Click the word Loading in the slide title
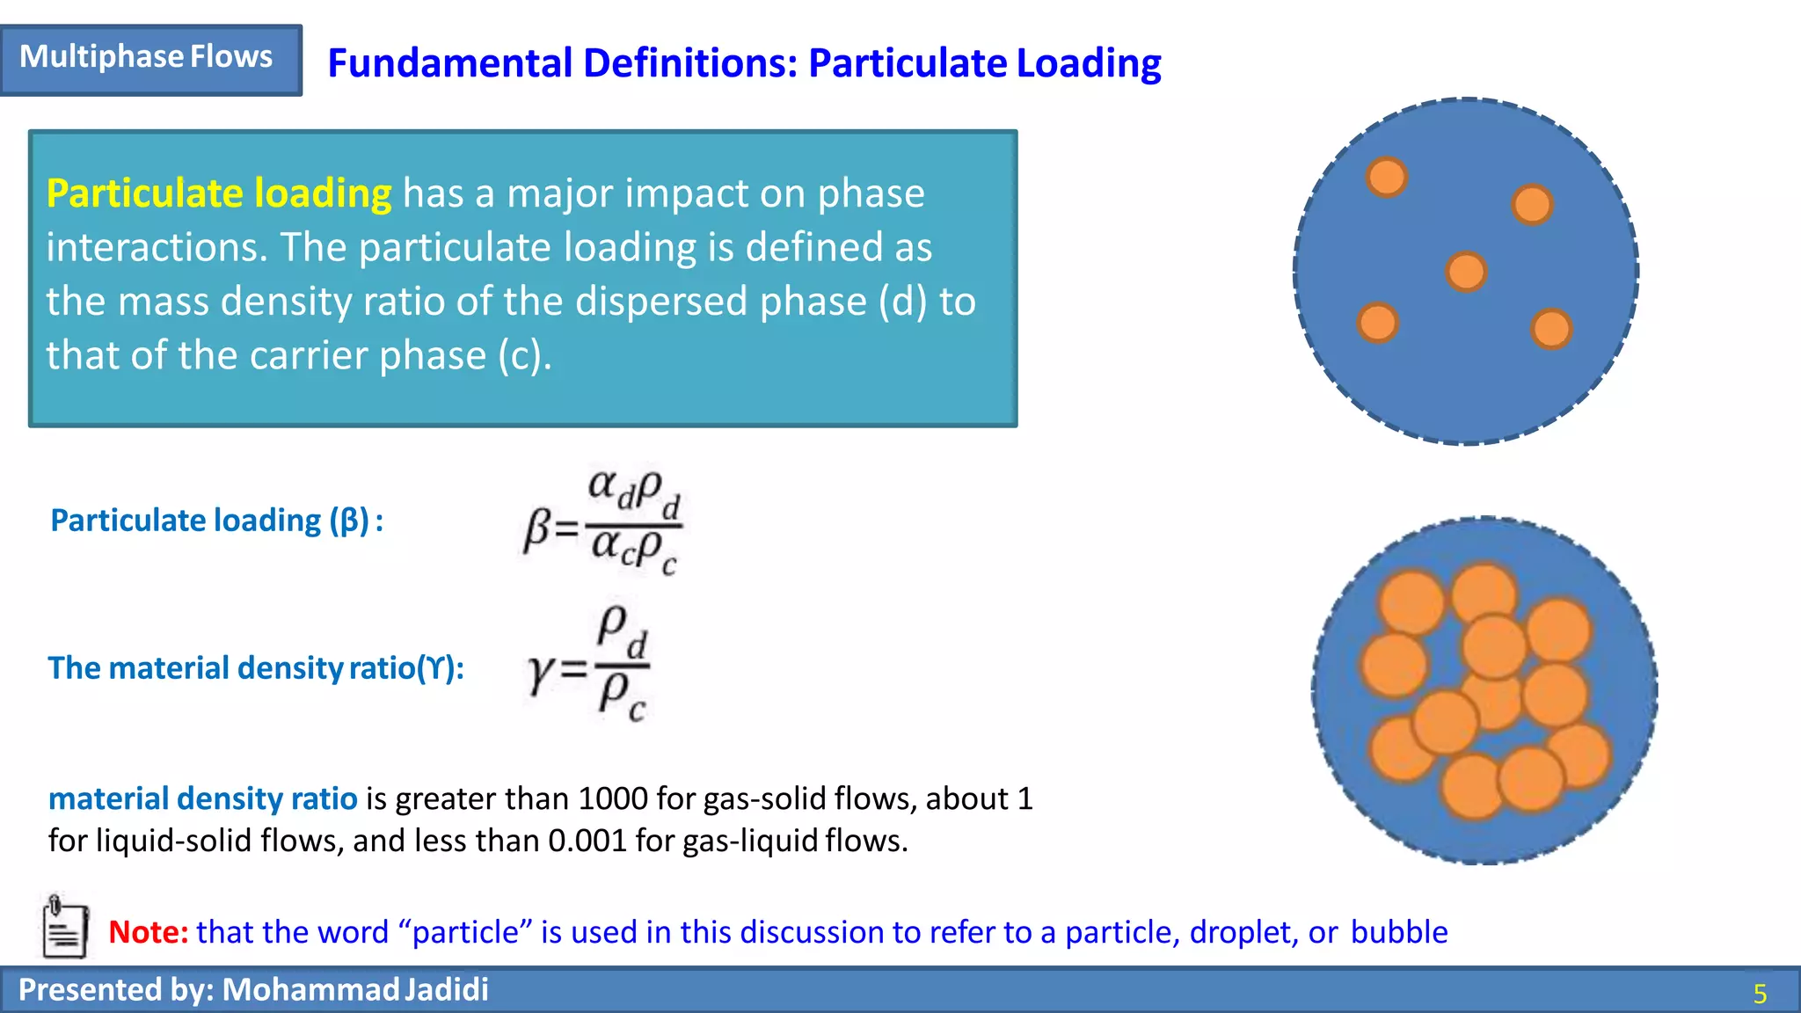coord(1089,63)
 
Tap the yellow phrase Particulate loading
coord(219,193)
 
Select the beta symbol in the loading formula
coord(536,530)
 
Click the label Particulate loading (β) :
coord(216,521)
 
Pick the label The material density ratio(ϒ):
coord(255,668)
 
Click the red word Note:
coord(148,932)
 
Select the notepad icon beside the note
coord(65,927)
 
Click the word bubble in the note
coord(1399,932)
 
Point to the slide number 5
coord(1760,994)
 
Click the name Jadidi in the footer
coord(447,990)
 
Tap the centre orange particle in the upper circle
coord(1466,271)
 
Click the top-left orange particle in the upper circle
coord(1387,177)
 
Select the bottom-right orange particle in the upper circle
coord(1551,329)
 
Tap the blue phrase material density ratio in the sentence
coord(202,798)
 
